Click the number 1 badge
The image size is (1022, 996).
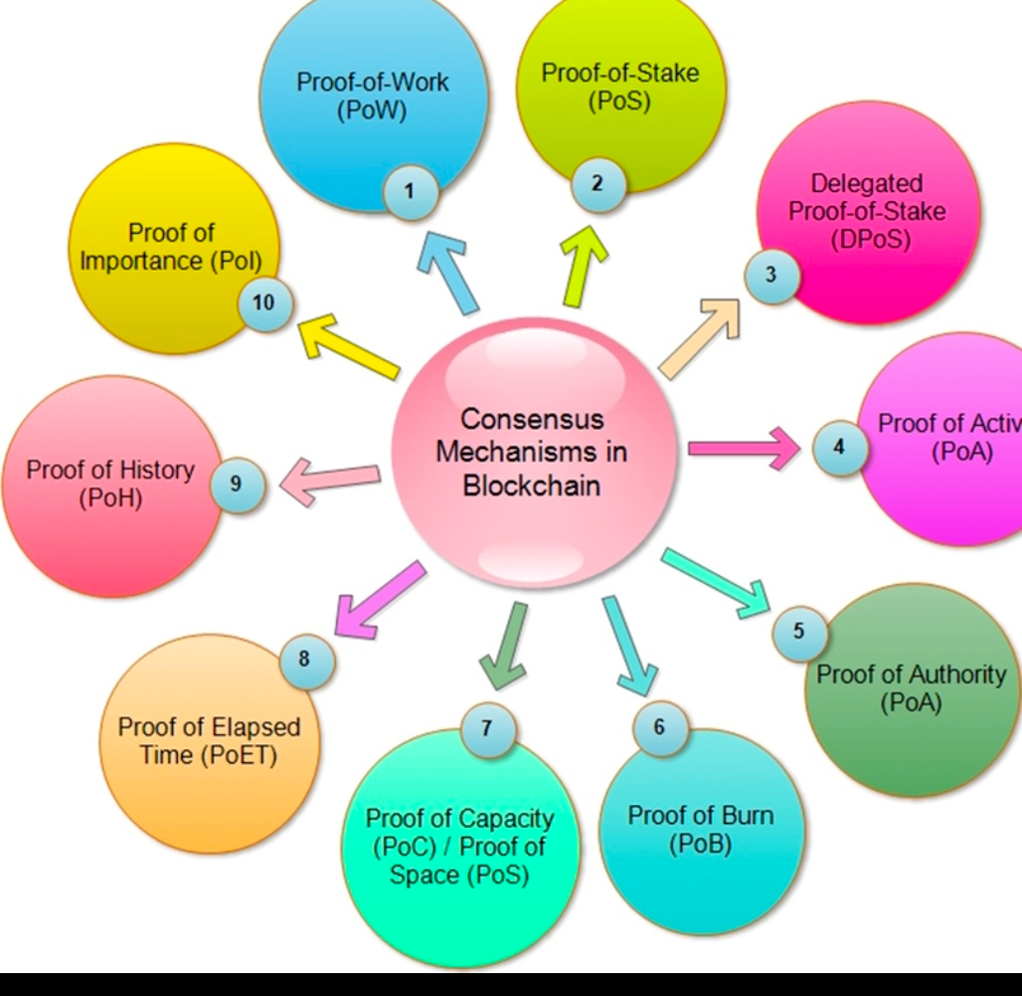(x=409, y=190)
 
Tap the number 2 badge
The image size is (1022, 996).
(x=596, y=183)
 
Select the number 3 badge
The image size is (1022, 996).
(x=770, y=275)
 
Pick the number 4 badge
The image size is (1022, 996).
(x=839, y=447)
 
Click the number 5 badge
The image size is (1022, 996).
(x=799, y=630)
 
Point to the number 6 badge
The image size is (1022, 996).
(x=658, y=727)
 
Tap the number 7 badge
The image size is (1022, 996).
(x=486, y=728)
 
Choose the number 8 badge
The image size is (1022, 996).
(x=305, y=659)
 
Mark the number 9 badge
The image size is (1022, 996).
(x=236, y=484)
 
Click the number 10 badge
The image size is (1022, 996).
(x=263, y=301)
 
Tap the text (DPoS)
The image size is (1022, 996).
(x=869, y=239)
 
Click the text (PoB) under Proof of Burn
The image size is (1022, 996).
(x=700, y=845)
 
